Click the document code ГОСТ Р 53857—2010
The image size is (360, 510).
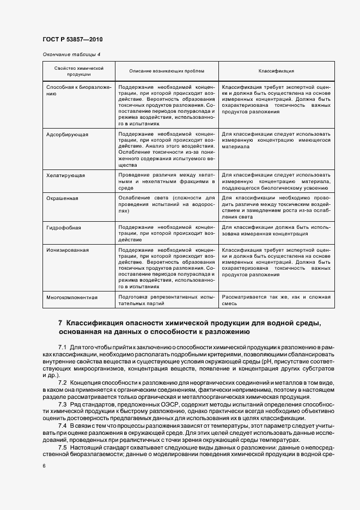72,40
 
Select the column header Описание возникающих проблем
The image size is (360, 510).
167,71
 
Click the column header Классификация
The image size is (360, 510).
276,71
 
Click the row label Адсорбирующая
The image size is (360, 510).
67,133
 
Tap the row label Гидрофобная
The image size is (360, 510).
64,226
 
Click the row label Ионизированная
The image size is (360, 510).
68,250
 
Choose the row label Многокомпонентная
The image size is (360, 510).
72,297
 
